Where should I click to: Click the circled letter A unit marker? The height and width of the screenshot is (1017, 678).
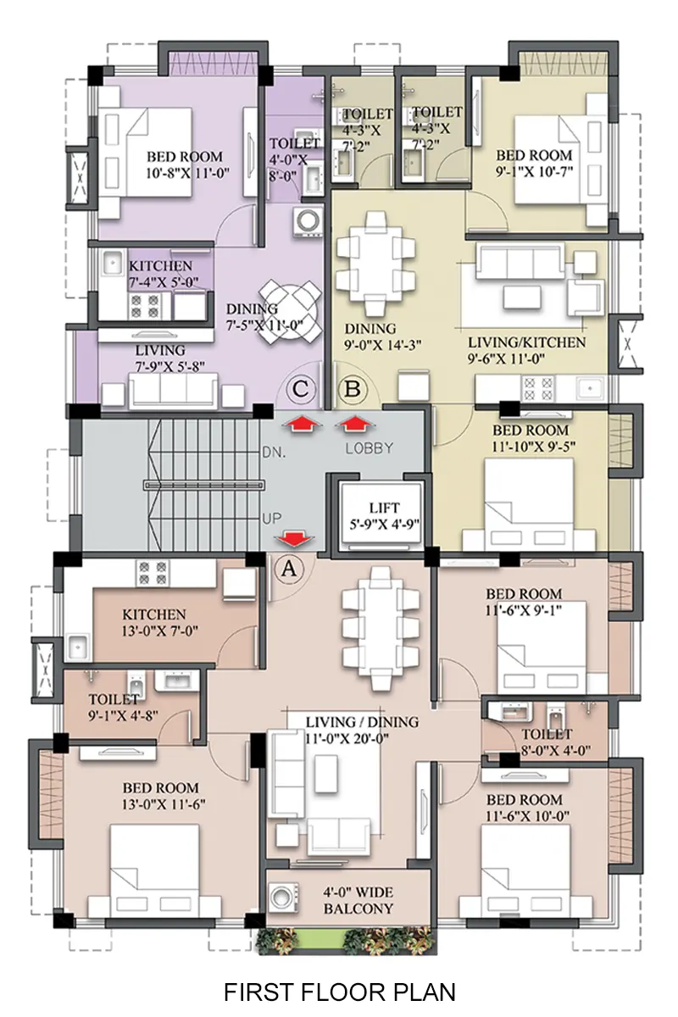coord(289,569)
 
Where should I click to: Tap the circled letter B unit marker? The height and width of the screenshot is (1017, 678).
coord(353,390)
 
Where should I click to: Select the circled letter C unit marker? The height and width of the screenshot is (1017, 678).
coord(301,390)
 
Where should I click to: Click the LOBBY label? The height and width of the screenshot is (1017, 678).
coord(369,448)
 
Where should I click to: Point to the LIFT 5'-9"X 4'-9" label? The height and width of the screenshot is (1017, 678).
coord(384,516)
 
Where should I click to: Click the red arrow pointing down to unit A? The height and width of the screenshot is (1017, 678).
coord(294,538)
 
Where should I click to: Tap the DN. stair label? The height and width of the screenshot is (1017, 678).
coord(274,453)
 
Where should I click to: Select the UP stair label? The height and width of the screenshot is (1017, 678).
coord(271,518)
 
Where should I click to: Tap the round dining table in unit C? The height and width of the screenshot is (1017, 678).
coord(290,312)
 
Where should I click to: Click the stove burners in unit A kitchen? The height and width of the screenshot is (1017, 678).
coord(153,574)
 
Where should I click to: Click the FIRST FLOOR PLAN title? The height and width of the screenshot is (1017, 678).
coord(339,992)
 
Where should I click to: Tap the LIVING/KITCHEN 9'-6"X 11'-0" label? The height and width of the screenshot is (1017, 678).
coord(526,350)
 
